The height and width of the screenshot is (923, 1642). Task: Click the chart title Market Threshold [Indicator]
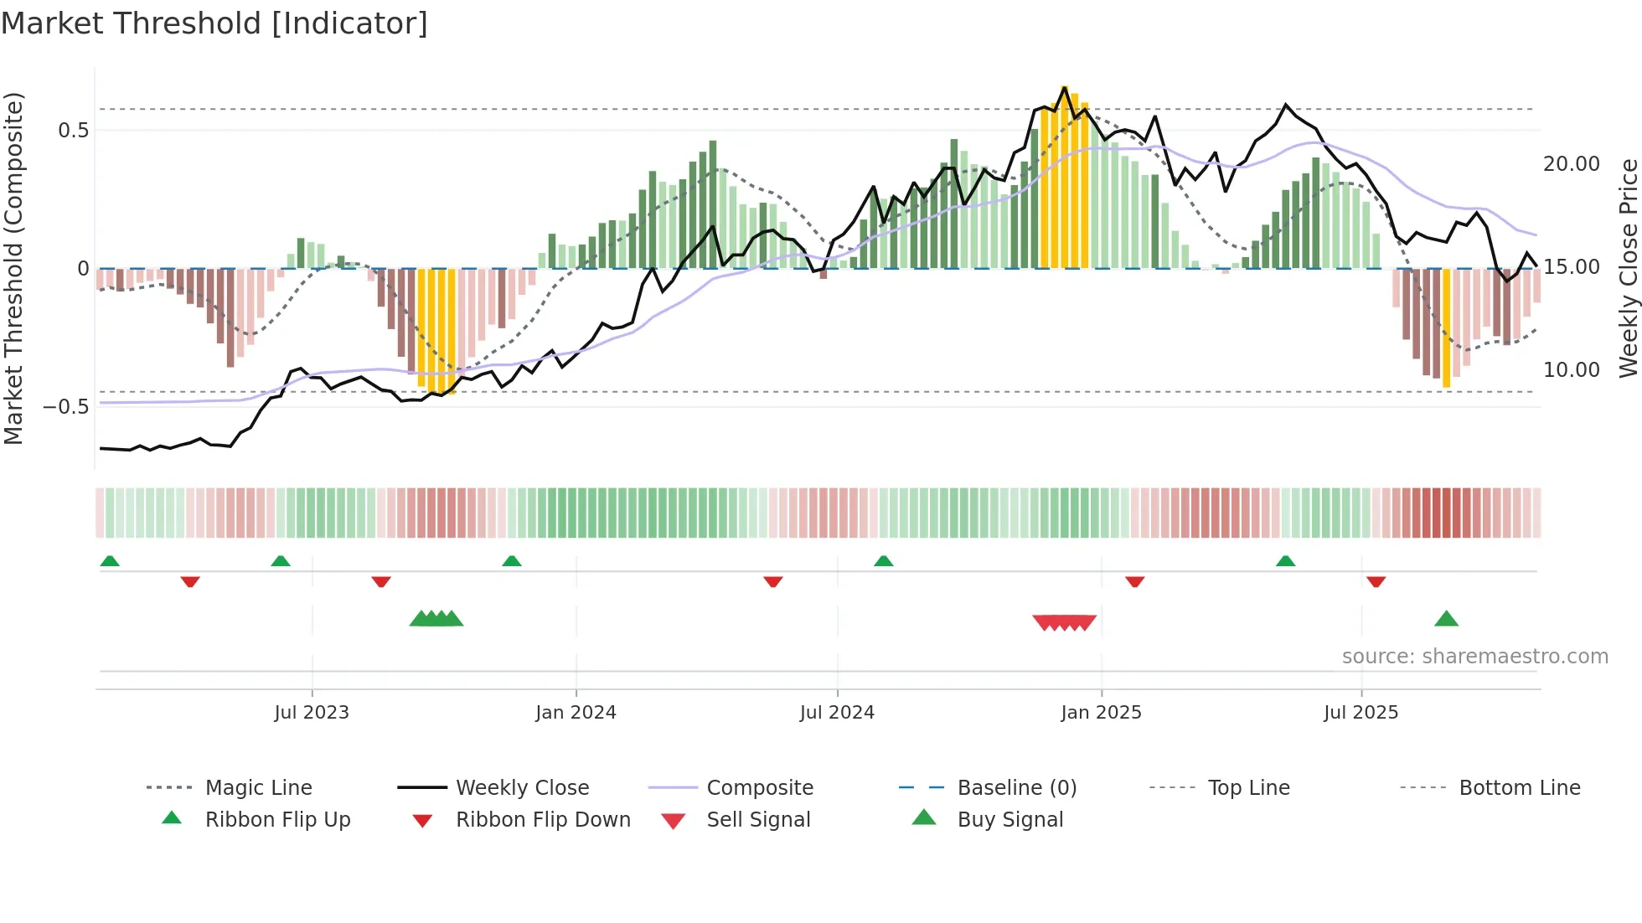pyautogui.click(x=214, y=23)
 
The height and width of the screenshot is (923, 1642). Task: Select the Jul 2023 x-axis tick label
pyautogui.click(x=311, y=713)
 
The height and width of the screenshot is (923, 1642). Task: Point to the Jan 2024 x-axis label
pyautogui.click(x=576, y=713)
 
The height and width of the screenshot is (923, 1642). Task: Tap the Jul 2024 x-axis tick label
pyautogui.click(x=837, y=713)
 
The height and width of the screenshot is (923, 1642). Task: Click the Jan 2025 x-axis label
pyautogui.click(x=1101, y=713)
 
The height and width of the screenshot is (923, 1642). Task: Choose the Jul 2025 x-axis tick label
pyautogui.click(x=1361, y=713)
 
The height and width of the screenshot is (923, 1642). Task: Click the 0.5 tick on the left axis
pyautogui.click(x=73, y=131)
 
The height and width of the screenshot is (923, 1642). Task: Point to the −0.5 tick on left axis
pyautogui.click(x=66, y=407)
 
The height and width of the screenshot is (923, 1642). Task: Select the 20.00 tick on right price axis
pyautogui.click(x=1571, y=164)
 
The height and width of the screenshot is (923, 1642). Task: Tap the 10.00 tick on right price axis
pyautogui.click(x=1571, y=370)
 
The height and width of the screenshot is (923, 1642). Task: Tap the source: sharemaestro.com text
pyautogui.click(x=1474, y=657)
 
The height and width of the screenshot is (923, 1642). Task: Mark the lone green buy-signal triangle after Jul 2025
pyautogui.click(x=1446, y=619)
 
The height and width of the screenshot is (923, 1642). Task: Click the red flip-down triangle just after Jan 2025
pyautogui.click(x=1134, y=581)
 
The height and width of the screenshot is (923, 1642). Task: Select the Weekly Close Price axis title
pyautogui.click(x=1628, y=268)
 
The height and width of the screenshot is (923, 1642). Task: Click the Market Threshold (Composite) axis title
pyautogui.click(x=14, y=268)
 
